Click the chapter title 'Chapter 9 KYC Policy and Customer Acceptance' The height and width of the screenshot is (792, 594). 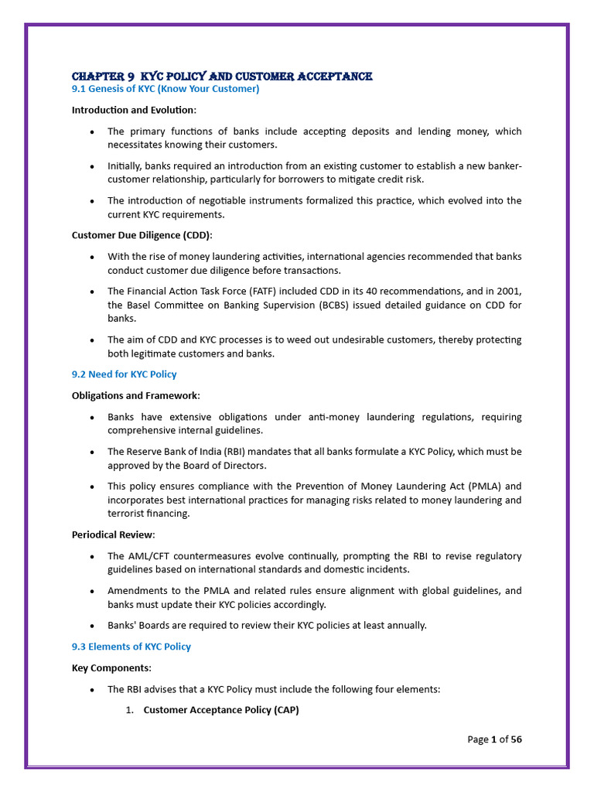[x=222, y=76]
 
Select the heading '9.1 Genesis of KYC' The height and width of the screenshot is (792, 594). [x=166, y=89]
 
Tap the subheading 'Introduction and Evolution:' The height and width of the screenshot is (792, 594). [x=134, y=110]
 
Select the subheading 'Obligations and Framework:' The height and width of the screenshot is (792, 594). [x=135, y=395]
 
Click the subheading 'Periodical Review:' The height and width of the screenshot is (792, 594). [x=113, y=534]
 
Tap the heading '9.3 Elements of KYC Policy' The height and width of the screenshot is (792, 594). [x=131, y=647]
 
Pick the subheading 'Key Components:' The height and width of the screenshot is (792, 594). [x=111, y=667]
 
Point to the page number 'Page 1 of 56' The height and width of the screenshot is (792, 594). [x=494, y=739]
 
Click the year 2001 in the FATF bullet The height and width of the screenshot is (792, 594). [x=509, y=291]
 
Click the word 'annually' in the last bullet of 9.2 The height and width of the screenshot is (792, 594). [x=405, y=625]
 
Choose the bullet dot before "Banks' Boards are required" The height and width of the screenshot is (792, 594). [x=93, y=626]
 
